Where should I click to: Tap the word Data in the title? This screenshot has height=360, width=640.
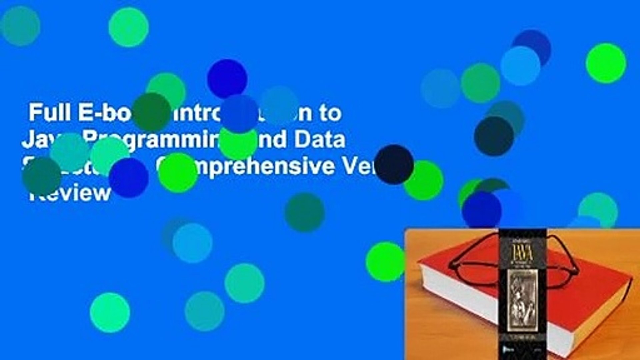tap(325, 140)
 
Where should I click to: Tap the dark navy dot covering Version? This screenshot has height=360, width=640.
tap(394, 165)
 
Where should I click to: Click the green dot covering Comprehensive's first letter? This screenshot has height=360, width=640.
tap(178, 173)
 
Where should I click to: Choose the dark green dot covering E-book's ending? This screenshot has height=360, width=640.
tap(152, 112)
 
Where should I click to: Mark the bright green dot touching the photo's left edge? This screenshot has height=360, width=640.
tap(386, 262)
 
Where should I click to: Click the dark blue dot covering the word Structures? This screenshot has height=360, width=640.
tap(129, 178)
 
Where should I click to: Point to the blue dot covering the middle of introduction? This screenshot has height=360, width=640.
tap(239, 114)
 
